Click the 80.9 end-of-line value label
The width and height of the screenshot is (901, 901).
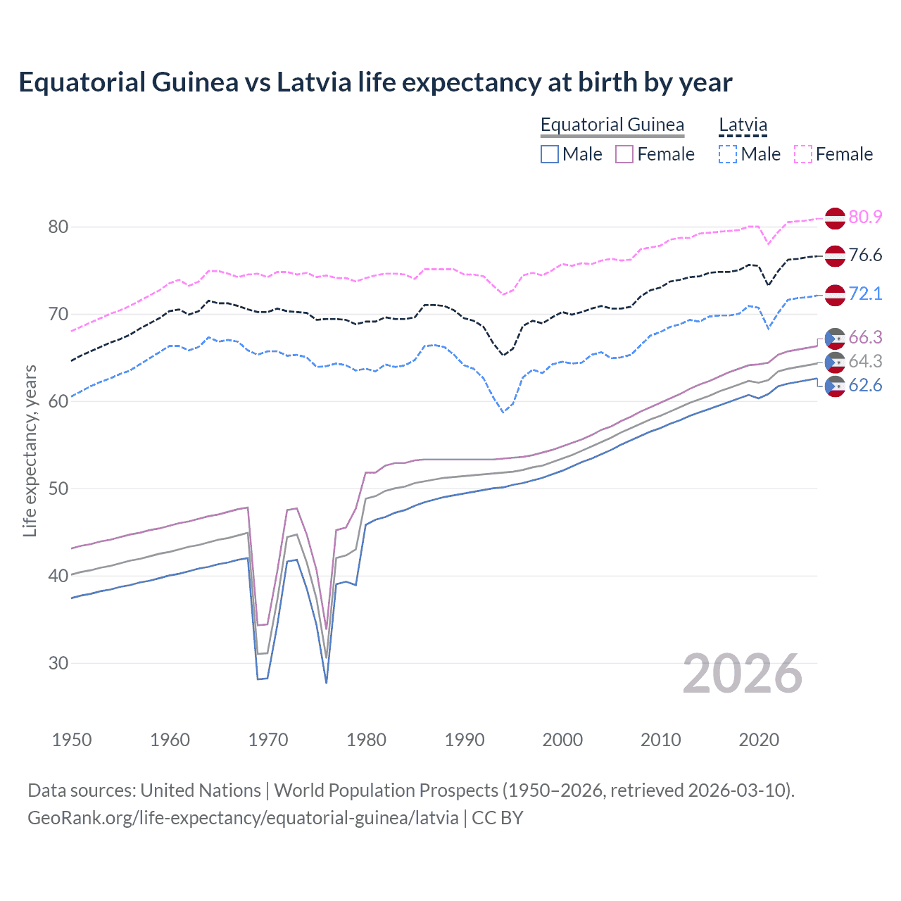coord(865,217)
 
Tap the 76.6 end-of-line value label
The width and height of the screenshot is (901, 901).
coord(865,255)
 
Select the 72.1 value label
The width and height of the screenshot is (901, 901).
coord(865,294)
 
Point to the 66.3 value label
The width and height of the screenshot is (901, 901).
coord(865,338)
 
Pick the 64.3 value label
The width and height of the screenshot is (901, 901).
coord(865,361)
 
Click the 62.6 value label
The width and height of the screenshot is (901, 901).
coord(865,385)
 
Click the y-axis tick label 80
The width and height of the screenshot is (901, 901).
coord(58,227)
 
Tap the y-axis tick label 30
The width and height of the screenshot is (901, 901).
coord(58,663)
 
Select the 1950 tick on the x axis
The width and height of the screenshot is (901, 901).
coord(72,740)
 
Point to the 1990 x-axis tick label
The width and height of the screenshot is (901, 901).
coord(465,740)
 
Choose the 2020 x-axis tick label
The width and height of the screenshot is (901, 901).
coord(759,740)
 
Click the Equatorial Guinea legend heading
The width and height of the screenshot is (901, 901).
coord(612,125)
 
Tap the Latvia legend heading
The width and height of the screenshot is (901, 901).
coord(743,125)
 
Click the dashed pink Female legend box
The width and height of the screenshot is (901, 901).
coord(803,154)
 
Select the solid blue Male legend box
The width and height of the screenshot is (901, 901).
coord(550,154)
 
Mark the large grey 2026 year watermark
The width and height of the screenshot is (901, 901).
coord(743,674)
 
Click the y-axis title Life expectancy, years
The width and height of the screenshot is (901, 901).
coord(30,450)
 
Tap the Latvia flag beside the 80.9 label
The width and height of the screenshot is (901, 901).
coord(835,218)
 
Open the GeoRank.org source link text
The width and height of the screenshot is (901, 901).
coord(243,818)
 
